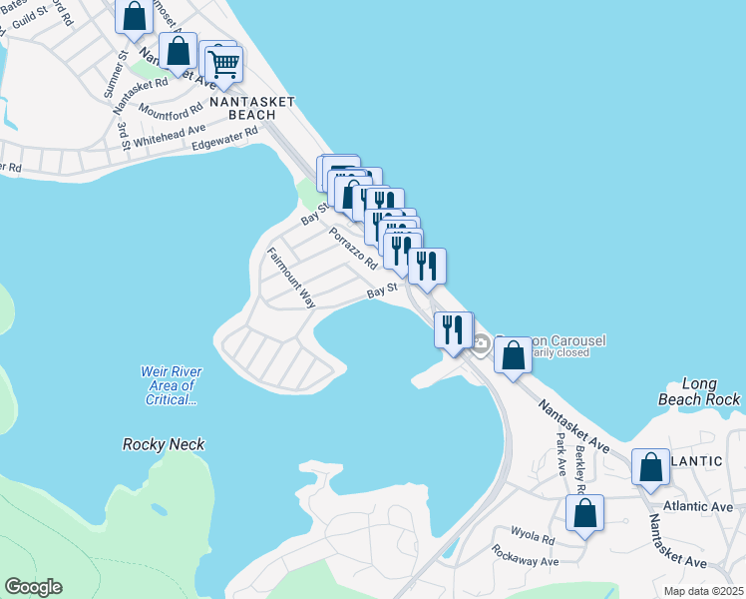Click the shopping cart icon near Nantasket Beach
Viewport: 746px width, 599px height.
225,65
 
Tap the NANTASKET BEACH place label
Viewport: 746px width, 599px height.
242,109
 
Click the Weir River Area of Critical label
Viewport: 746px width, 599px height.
167,385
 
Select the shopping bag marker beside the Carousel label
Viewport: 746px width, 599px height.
513,355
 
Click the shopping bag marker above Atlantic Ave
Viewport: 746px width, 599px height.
650,467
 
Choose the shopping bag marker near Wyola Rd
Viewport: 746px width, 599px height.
584,514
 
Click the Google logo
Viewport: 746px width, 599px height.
33,587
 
